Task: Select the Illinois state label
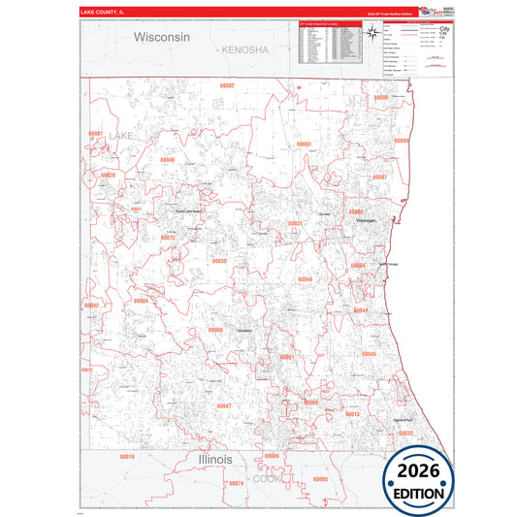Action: coord(214,458)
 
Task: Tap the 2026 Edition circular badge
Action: coord(431,479)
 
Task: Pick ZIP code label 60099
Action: coord(402,141)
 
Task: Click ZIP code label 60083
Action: coord(304,144)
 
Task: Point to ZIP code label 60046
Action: coord(168,159)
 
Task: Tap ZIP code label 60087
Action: coord(380,178)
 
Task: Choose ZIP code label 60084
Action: coord(141,301)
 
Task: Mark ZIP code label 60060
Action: coord(214,330)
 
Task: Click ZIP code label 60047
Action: coord(223,404)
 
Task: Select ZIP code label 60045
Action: coord(369,355)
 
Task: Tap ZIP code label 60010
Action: coord(126,456)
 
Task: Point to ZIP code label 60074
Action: coord(236,482)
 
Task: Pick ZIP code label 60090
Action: coord(320,479)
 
